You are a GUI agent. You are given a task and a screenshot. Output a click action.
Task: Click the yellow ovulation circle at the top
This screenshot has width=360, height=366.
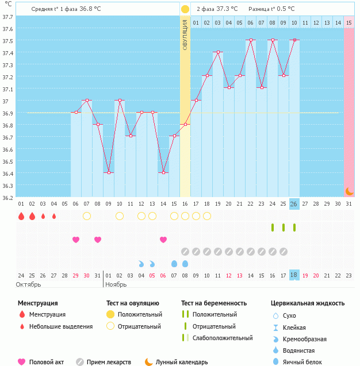(x=185, y=9)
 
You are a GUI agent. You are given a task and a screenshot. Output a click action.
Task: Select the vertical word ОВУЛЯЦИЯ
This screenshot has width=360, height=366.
(x=185, y=34)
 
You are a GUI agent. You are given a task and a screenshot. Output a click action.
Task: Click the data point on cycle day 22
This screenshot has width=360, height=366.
(x=250, y=40)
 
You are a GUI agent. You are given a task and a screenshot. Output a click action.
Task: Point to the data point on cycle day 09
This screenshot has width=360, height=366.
(x=109, y=172)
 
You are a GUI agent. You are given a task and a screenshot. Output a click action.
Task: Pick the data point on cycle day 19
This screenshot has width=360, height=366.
(x=217, y=52)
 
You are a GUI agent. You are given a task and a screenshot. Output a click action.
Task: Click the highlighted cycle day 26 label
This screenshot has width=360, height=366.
(x=294, y=204)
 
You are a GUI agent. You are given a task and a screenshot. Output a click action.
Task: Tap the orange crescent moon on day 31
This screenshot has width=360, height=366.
(x=348, y=191)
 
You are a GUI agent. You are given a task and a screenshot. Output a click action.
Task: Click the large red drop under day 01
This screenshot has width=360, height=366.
(x=21, y=216)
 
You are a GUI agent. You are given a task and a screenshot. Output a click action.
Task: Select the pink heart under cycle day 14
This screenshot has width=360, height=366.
(x=163, y=240)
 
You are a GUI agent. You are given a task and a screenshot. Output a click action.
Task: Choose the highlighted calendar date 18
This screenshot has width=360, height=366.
(x=294, y=275)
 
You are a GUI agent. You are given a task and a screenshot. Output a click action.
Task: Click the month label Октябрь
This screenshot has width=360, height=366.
(x=29, y=284)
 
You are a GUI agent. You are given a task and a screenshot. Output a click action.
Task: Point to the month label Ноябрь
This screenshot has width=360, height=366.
(x=116, y=284)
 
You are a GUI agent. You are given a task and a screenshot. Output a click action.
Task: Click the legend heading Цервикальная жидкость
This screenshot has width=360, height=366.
(x=308, y=303)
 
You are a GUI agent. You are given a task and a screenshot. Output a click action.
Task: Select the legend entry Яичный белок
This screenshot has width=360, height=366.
(x=307, y=361)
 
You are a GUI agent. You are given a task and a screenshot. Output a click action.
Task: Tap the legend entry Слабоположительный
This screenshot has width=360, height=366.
(x=223, y=338)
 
